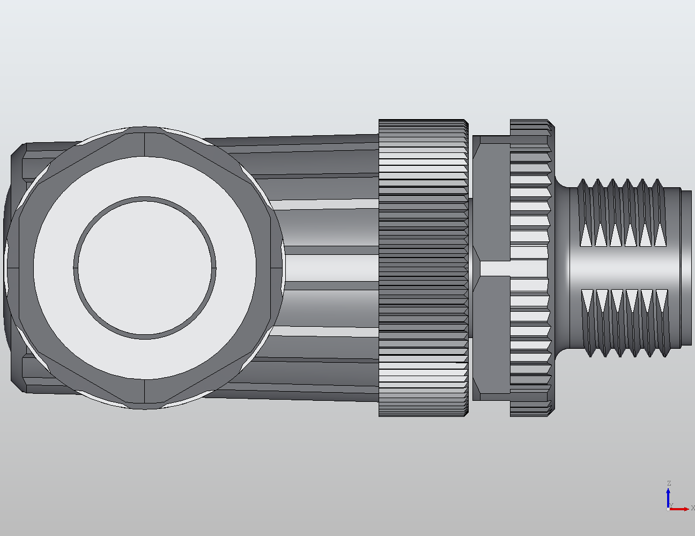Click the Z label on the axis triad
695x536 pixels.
coord(669,483)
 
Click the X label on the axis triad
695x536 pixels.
coord(692,508)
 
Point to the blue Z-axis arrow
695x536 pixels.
coord(668,496)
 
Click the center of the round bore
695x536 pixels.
coord(145,268)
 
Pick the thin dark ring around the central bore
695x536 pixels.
coord(145,199)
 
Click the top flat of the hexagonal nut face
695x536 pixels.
coord(145,142)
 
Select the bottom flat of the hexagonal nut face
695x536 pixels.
coord(145,394)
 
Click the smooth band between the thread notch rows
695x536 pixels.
coord(622,268)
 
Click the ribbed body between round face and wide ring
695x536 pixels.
coord(327,268)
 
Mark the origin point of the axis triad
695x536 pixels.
coord(668,509)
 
